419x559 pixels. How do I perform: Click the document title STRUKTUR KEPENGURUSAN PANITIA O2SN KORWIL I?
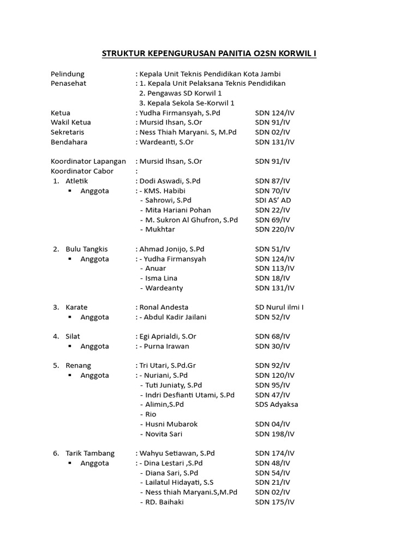[209, 53]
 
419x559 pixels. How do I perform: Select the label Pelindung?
[68, 74]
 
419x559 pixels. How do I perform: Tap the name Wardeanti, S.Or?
[166, 142]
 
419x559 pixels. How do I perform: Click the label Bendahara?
[69, 142]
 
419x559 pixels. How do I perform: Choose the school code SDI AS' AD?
[273, 200]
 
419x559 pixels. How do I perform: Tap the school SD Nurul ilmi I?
[279, 307]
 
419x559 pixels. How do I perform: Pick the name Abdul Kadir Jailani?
[175, 317]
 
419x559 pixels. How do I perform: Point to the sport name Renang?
[79, 366]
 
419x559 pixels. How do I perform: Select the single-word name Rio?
[151, 414]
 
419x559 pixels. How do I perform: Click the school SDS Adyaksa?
[277, 405]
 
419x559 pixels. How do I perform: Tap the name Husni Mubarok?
[171, 424]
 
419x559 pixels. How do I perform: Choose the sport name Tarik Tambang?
[90, 453]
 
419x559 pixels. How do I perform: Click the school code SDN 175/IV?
[274, 502]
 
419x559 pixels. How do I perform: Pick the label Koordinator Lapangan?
[88, 162]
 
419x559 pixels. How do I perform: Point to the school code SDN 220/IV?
[274, 229]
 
